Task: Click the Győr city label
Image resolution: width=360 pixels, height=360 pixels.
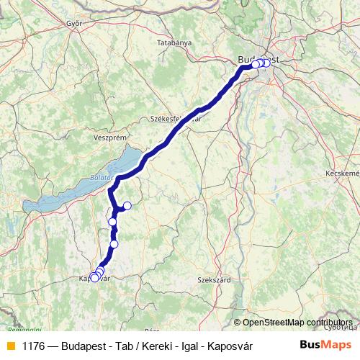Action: pos(74,22)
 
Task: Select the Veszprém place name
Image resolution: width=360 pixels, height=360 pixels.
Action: pos(110,137)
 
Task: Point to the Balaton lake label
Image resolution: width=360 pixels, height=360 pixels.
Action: pos(102,176)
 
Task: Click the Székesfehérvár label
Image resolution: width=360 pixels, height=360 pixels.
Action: pos(175,118)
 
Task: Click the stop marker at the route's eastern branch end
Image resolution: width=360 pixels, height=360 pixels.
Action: pos(127,206)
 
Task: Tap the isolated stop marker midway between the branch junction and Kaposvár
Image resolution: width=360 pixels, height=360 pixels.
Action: pos(114,244)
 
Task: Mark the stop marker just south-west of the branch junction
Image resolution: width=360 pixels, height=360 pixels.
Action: pos(112,221)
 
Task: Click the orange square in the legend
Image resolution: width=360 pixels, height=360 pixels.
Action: pos(10,346)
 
